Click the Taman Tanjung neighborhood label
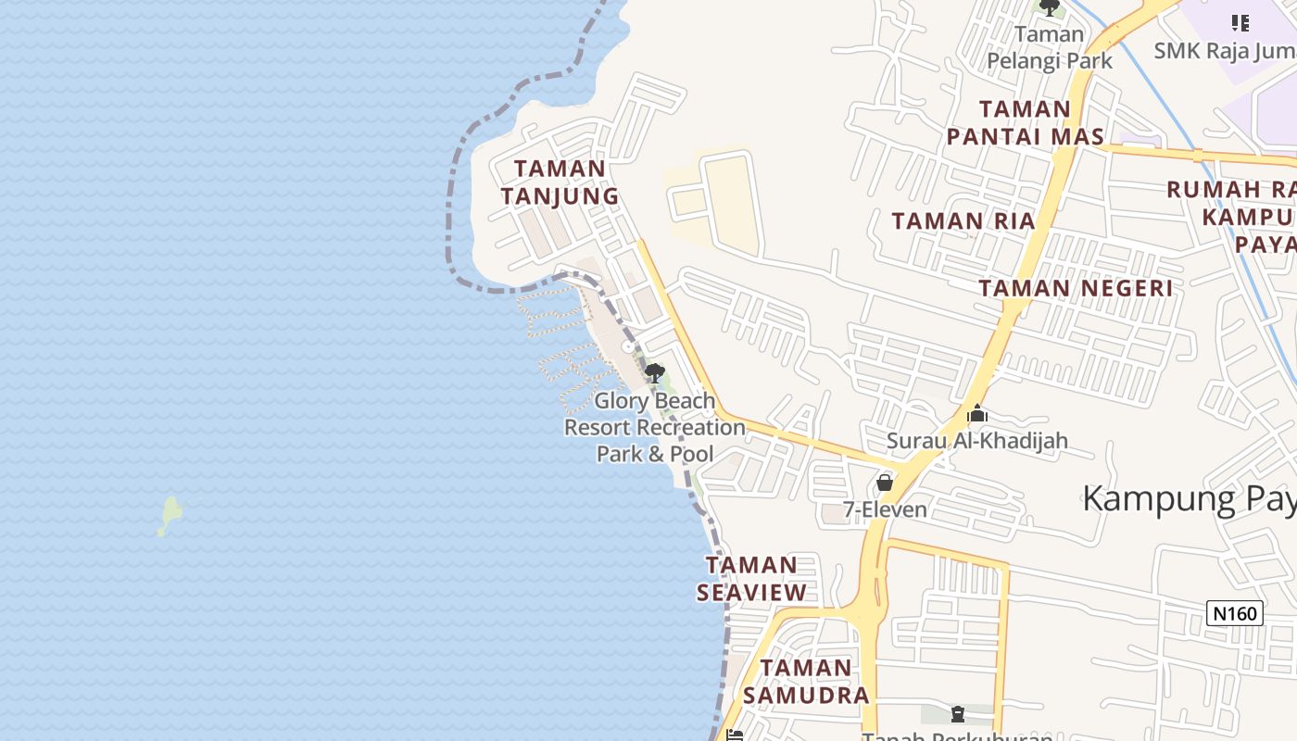coord(560,182)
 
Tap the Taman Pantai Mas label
coord(1025,123)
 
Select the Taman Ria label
coord(963,221)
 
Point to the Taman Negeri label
coord(1076,288)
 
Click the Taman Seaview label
coord(751,578)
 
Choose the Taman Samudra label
coord(806,681)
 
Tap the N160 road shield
coord(1235,613)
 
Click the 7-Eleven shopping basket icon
coord(885,483)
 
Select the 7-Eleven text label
coord(885,509)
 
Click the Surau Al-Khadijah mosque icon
coord(976,414)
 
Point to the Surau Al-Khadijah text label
coord(976,441)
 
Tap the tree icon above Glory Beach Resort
coord(654,373)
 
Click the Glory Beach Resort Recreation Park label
coord(655,427)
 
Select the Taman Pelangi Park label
coord(1049,48)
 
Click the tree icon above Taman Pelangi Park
coord(1049,8)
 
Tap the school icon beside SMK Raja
coord(1240,22)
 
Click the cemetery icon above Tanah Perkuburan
coord(958,714)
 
